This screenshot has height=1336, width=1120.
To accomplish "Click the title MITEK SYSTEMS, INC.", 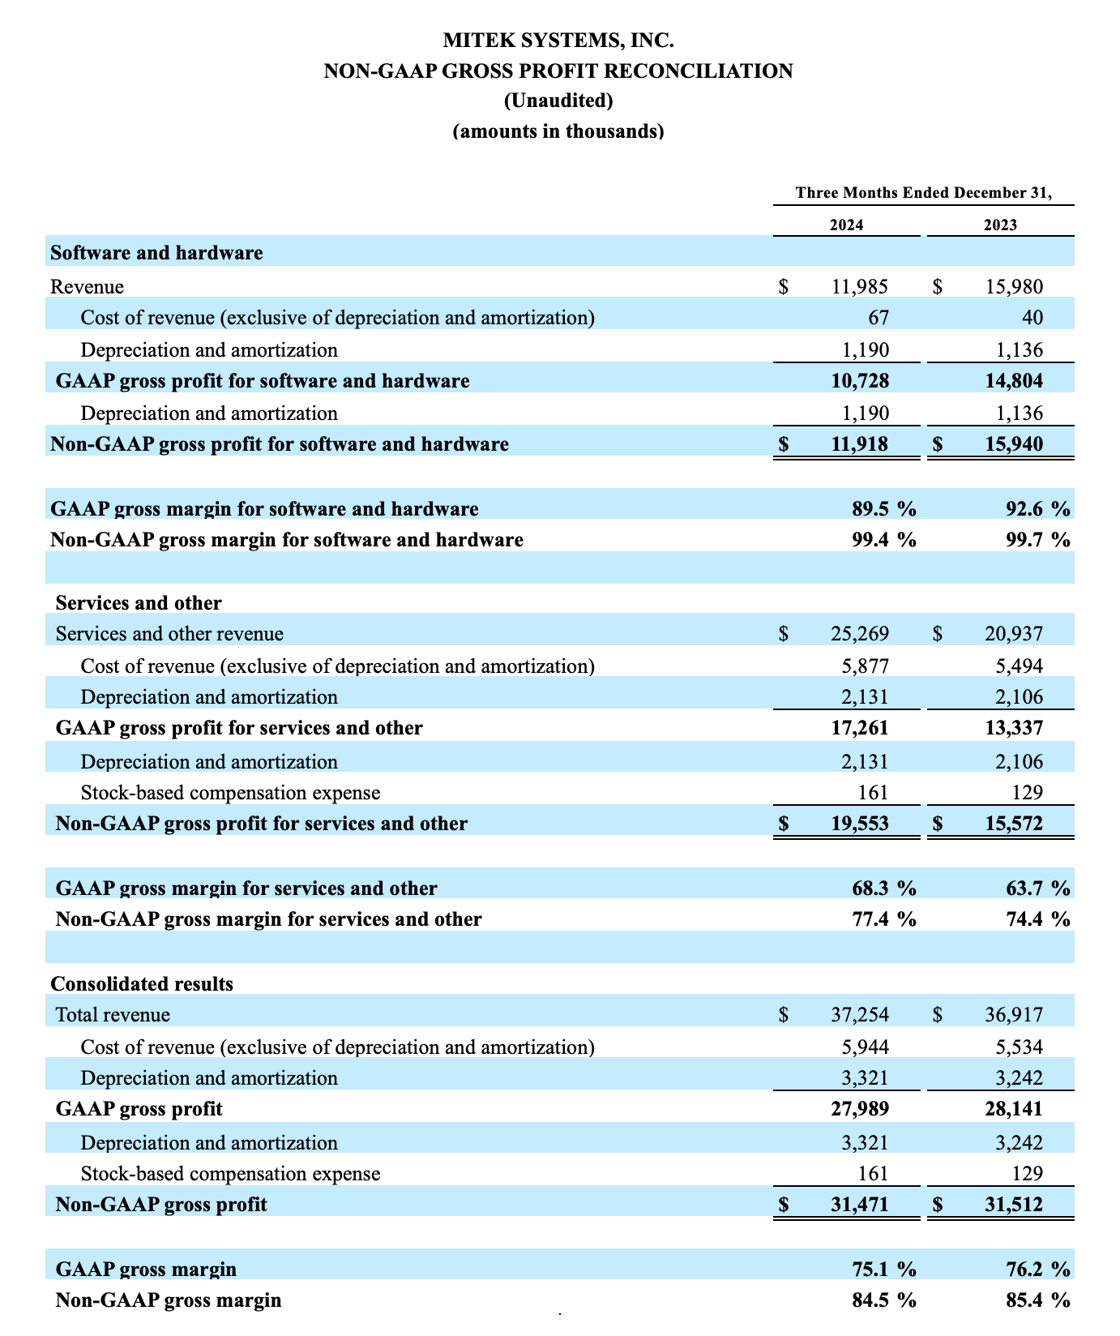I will pos(558,40).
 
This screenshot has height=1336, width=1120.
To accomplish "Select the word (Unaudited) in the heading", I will pos(558,101).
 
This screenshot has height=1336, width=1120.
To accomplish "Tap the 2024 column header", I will pos(846,225).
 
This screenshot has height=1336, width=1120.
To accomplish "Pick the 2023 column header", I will pos(1000,225).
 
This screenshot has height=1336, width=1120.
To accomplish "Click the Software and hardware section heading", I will pos(156,253).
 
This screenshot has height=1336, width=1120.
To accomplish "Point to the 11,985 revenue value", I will pos(860,286).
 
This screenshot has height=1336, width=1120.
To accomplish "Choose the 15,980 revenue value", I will pos(1014,286).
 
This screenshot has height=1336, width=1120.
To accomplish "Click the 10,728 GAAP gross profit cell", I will pos(860,381).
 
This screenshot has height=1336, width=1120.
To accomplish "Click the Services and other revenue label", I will pos(169,634).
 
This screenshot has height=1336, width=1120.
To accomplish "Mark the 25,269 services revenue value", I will pos(860,634).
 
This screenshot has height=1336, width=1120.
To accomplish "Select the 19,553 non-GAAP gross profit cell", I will pos(860,824).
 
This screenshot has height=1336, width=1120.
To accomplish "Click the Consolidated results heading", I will pos(142,984).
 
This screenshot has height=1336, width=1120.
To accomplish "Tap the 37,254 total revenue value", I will pos(860,1015).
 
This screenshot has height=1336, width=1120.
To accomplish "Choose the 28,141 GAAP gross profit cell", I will pos(1014,1109).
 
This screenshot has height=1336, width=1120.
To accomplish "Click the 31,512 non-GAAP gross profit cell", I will pos(1014,1205).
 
